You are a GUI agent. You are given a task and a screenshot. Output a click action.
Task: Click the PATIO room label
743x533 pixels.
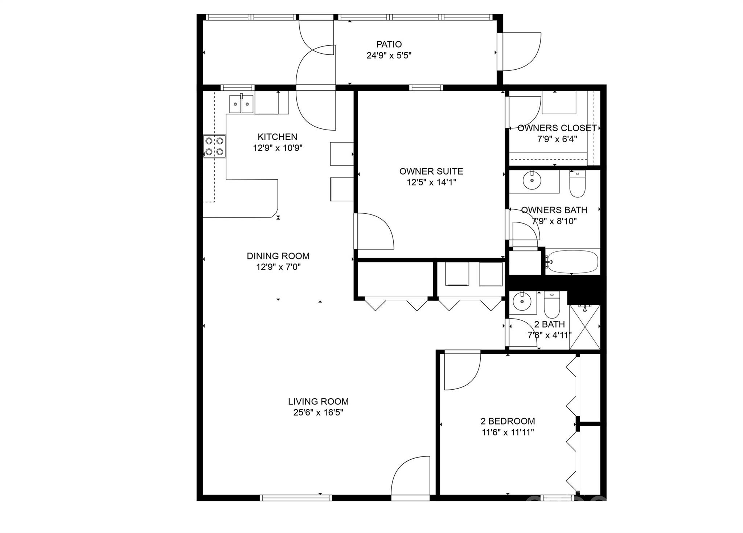pos(389,44)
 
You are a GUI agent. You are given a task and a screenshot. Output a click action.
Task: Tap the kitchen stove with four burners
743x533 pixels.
pos(214,146)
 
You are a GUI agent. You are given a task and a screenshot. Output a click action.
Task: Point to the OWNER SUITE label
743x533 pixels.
pos(431,171)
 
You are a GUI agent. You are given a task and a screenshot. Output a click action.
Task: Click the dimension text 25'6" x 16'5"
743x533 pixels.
pos(318,413)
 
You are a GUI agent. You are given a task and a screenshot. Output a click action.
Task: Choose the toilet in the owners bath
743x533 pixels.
pos(578,184)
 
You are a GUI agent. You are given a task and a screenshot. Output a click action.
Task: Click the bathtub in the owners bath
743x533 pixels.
pos(572,261)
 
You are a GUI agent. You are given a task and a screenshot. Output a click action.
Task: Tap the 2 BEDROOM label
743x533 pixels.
pos(508,421)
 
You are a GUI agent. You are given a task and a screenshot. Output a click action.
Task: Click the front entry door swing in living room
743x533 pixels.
pos(410,476)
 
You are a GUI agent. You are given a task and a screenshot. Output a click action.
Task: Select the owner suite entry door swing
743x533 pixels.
pos(374,231)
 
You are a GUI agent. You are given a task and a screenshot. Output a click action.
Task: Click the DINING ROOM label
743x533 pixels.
pos(278,256)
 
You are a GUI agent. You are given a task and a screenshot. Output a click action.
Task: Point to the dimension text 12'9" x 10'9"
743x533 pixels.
pos(278,148)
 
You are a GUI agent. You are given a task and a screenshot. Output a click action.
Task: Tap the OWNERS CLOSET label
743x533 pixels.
pos(557,128)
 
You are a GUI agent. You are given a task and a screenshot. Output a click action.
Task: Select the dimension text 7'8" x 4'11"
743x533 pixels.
pos(549,335)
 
